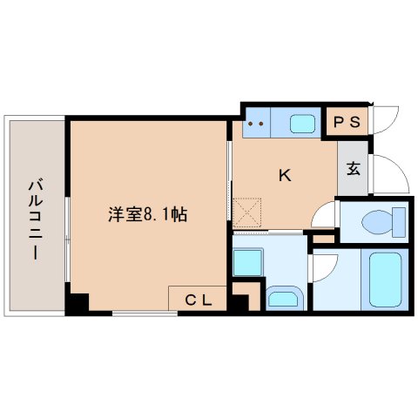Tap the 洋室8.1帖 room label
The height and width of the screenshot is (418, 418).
(146, 214)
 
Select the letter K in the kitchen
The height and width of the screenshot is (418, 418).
(284, 175)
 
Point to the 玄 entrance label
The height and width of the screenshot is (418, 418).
(354, 169)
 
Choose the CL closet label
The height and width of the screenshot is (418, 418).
(199, 300)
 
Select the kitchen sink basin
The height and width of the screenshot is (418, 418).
(302, 123)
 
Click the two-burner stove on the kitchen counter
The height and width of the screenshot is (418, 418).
(257, 123)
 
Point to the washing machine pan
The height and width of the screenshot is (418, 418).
(249, 262)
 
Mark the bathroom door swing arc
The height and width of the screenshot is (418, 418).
(321, 266)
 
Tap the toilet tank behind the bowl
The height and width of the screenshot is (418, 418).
(401, 223)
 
